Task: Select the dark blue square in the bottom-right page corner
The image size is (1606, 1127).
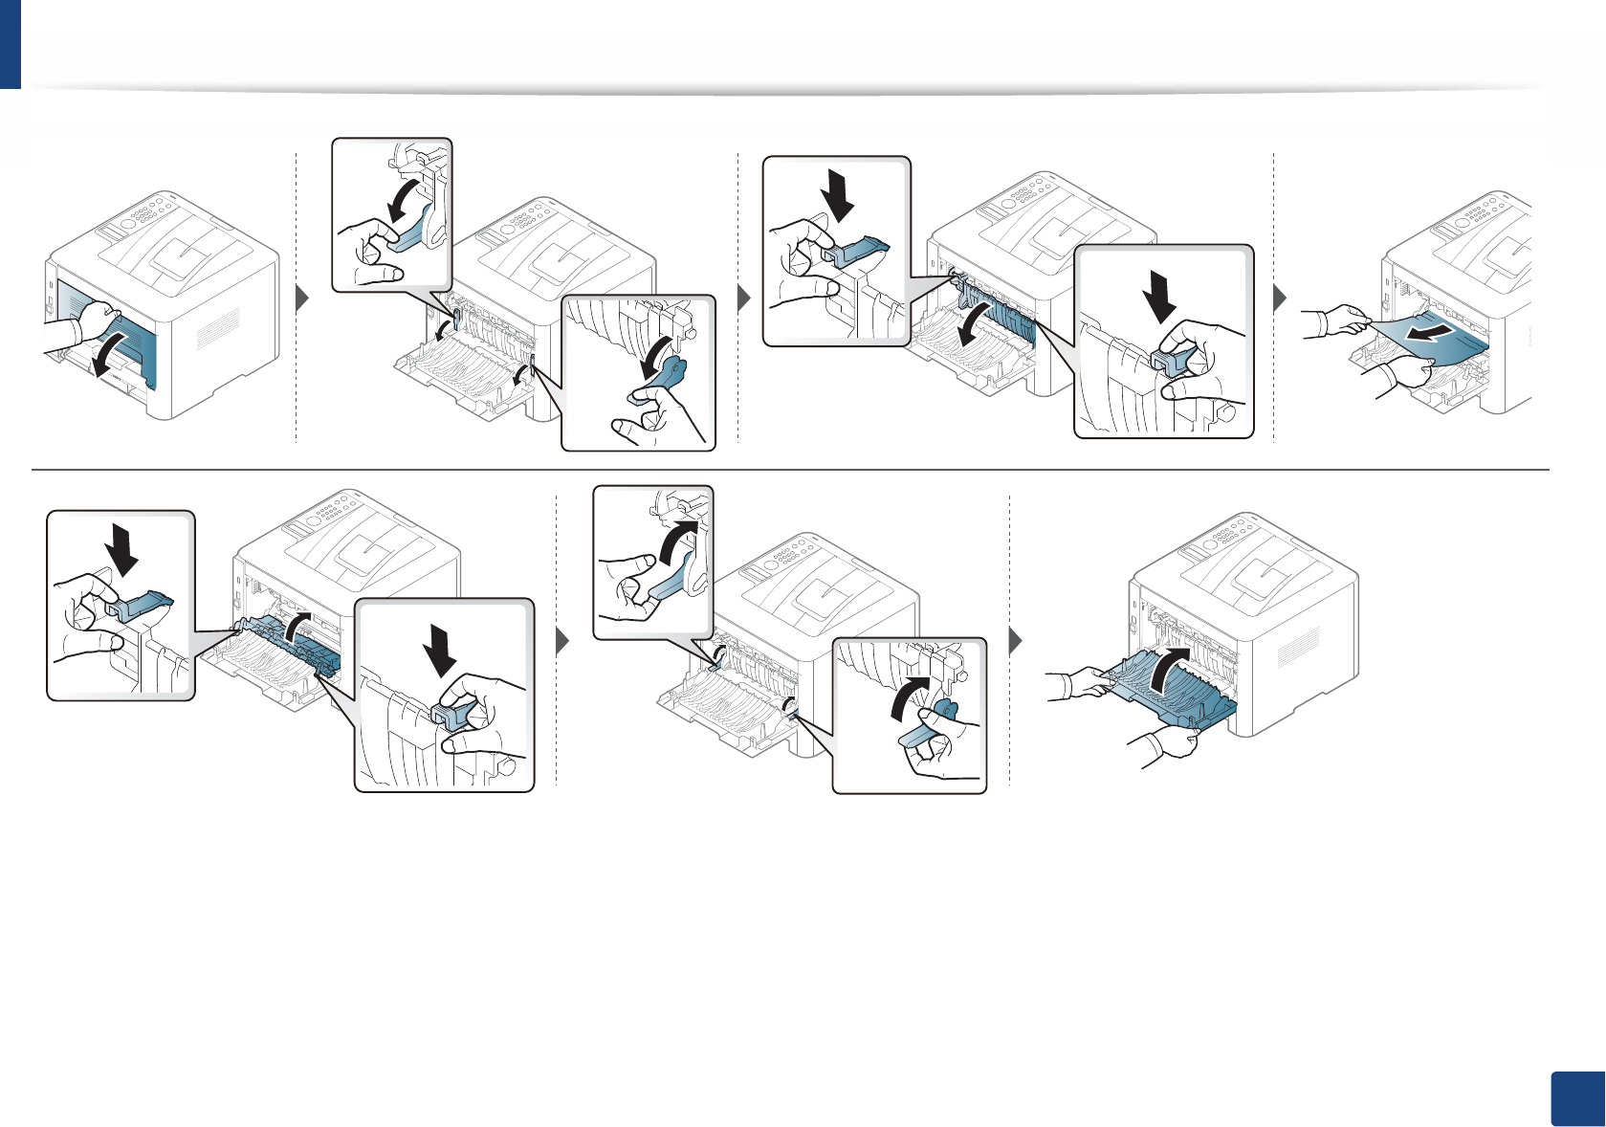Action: click(x=1575, y=1100)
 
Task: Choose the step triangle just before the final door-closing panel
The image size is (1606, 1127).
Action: click(x=1017, y=640)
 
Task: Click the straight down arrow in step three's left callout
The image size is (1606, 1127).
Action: click(x=839, y=195)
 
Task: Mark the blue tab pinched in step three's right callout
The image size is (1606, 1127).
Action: click(x=1171, y=362)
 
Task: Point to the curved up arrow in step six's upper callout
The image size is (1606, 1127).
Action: click(x=677, y=546)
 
